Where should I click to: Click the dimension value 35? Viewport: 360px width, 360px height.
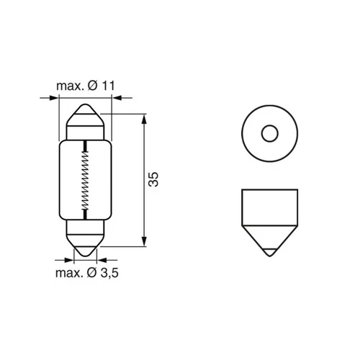tap(153, 179)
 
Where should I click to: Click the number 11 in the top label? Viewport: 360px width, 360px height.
tap(108, 86)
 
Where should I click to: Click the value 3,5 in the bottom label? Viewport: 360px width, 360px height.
tap(109, 273)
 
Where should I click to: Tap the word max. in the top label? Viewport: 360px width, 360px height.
tap(69, 86)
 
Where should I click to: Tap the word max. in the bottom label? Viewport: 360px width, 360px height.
tap(69, 274)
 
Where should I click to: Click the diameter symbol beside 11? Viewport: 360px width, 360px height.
tap(93, 86)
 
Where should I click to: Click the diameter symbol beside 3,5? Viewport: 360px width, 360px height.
tap(91, 273)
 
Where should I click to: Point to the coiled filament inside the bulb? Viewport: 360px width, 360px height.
tap(85, 180)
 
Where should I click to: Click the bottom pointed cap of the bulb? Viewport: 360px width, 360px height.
tap(85, 246)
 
